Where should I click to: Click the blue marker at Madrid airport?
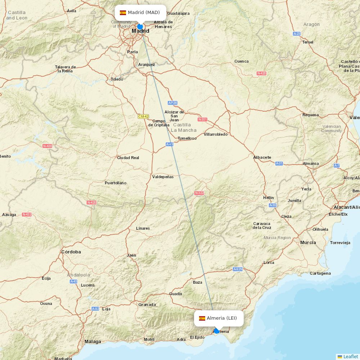coord(140,26)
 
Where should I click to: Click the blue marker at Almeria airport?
coord(216,330)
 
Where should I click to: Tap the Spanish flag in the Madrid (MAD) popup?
coord(123,13)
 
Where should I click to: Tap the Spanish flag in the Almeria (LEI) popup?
coord(202,318)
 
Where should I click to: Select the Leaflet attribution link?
coord(350,356)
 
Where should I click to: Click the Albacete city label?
coord(262,157)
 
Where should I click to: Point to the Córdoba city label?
coord(71,252)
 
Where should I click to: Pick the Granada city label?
coord(147,305)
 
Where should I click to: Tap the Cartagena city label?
coord(320,273)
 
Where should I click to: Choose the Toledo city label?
coord(117,79)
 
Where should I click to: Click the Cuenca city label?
coord(241,61)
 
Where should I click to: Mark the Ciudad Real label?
coord(128,158)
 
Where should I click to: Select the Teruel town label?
coord(308,42)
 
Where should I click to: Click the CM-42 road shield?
coord(143,116)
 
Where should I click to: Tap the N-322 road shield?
coord(199,193)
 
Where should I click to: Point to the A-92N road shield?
coord(238,269)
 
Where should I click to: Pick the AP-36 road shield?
coord(173,103)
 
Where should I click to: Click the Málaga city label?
coord(93,341)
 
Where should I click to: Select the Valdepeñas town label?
coord(163,177)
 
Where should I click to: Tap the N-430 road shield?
coord(47,146)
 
